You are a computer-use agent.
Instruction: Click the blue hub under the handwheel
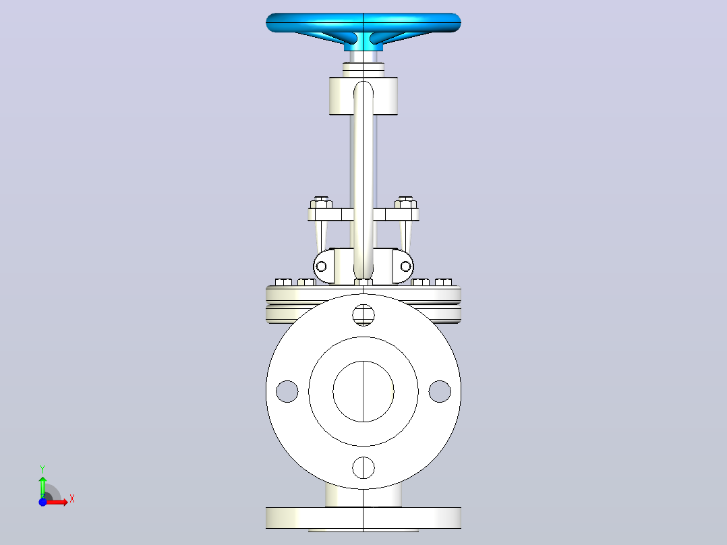click(363, 45)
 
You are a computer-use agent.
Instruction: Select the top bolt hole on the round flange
click(363, 315)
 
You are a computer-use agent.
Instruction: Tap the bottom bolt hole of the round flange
click(363, 467)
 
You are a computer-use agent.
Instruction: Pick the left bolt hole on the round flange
click(287, 391)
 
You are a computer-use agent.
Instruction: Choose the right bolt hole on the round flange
click(440, 391)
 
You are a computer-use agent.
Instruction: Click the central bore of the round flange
click(363, 391)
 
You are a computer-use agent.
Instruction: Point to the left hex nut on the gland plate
click(321, 202)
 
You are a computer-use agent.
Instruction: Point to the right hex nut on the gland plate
click(406, 202)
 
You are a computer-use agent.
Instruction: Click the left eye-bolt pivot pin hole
click(321, 266)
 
